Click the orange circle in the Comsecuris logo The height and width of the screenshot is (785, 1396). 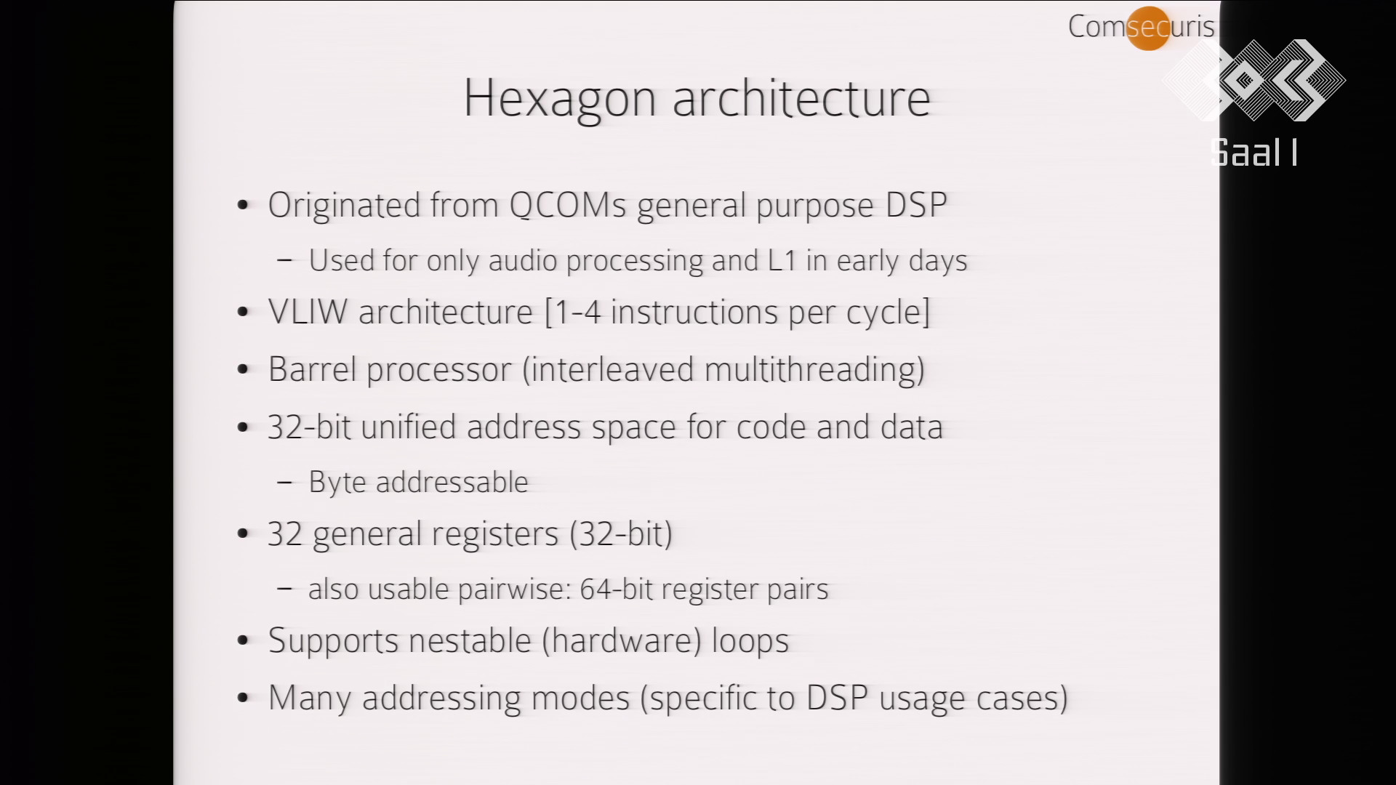[x=1147, y=28]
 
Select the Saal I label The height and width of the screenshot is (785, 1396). [x=1254, y=153]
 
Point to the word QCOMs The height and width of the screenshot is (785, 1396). [x=567, y=205]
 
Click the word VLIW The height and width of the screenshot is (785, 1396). [x=308, y=312]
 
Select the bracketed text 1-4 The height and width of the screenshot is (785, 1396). [x=577, y=313]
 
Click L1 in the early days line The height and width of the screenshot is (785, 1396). [x=782, y=260]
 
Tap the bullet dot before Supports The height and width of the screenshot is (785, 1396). [x=244, y=641]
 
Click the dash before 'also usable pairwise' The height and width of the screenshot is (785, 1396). [x=285, y=589]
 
